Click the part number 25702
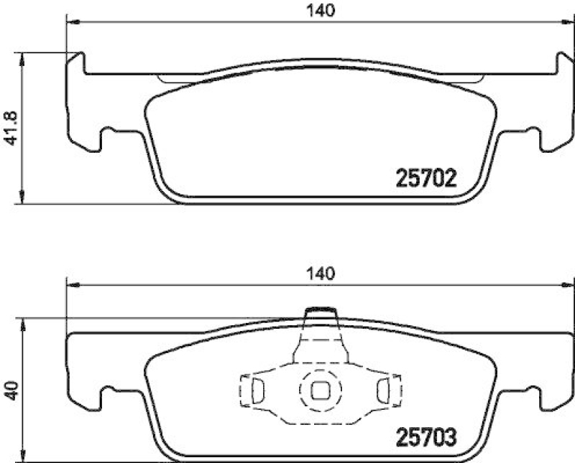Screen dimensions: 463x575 tap(427, 177)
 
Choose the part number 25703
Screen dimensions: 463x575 tap(427, 436)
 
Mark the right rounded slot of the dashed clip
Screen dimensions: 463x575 tap(383, 390)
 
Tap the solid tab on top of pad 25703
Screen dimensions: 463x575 tap(321, 313)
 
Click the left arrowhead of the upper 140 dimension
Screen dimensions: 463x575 tap(70, 22)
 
